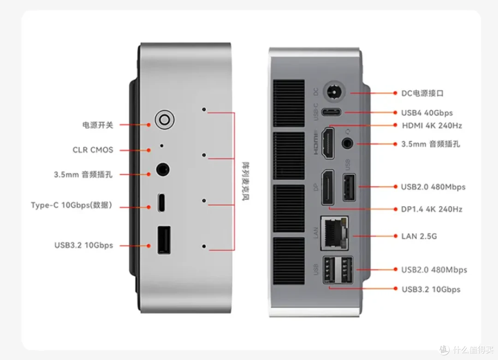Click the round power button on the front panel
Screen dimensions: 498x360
[x=165, y=120]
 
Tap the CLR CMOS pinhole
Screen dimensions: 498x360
[x=162, y=146]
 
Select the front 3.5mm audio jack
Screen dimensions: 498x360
[x=163, y=169]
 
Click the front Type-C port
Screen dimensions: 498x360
[x=161, y=202]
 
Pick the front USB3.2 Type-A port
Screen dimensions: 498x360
[x=164, y=240]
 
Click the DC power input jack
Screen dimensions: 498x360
[x=334, y=92]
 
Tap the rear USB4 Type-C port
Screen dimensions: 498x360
[x=331, y=112]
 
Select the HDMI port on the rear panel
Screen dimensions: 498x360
[x=328, y=143]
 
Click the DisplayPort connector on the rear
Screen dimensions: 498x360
[x=328, y=188]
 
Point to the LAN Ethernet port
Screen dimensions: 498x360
[x=334, y=233]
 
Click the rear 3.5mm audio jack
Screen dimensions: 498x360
[x=348, y=144]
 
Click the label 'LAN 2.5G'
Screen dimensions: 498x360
[x=419, y=236]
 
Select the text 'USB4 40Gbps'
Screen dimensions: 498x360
[x=427, y=113]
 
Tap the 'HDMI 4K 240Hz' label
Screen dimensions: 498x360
[x=432, y=126]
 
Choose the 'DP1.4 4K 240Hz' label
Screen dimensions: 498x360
[x=432, y=209]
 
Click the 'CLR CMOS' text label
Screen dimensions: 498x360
[x=93, y=150]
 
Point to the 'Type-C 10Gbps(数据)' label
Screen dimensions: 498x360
[x=71, y=205]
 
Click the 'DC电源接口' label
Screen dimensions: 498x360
[x=422, y=93]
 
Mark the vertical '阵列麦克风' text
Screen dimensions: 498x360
[x=245, y=181]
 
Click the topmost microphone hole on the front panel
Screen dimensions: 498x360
[x=204, y=109]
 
